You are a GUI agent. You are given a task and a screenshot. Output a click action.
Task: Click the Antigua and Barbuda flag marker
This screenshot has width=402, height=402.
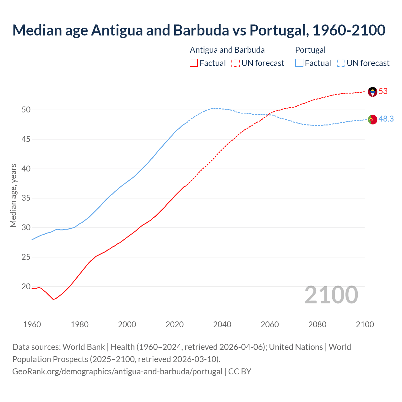(372, 92)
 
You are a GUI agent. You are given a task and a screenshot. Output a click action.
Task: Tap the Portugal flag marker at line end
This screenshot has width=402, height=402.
(372, 120)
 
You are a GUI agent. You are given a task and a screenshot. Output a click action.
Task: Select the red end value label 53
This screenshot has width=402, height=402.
(383, 91)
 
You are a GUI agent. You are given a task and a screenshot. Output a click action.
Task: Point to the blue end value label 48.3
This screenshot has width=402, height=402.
(386, 119)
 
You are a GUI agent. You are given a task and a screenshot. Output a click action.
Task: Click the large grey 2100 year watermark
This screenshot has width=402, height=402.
(331, 295)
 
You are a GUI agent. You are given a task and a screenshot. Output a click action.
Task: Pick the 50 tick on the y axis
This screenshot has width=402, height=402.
(26, 110)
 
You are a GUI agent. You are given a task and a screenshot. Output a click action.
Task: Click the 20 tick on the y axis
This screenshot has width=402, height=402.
(26, 287)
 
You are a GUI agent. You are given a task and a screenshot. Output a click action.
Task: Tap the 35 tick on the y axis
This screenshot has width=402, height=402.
(26, 198)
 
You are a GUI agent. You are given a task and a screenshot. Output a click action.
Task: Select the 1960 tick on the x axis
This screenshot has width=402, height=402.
(32, 324)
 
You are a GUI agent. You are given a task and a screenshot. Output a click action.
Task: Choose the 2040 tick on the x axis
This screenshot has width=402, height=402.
(222, 324)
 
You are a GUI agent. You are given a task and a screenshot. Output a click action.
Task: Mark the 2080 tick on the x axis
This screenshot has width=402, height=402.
(317, 324)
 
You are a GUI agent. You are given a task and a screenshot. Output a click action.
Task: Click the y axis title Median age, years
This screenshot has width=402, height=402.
(13, 195)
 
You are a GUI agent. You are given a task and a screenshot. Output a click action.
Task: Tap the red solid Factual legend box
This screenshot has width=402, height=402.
(194, 63)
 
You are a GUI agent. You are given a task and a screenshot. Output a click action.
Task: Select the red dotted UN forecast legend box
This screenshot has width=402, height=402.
(236, 63)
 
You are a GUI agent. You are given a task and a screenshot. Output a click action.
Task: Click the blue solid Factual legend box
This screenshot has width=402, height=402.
(299, 63)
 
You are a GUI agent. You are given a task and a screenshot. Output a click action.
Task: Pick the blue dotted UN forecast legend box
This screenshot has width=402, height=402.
(341, 63)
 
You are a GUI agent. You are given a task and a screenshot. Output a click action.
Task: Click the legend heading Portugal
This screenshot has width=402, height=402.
(310, 50)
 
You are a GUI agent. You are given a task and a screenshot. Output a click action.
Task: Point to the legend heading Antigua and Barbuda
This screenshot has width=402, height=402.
(227, 50)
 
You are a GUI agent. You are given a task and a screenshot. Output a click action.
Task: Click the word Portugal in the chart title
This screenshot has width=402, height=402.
(277, 30)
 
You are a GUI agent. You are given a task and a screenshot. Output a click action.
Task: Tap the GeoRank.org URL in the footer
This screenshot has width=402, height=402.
(117, 372)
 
